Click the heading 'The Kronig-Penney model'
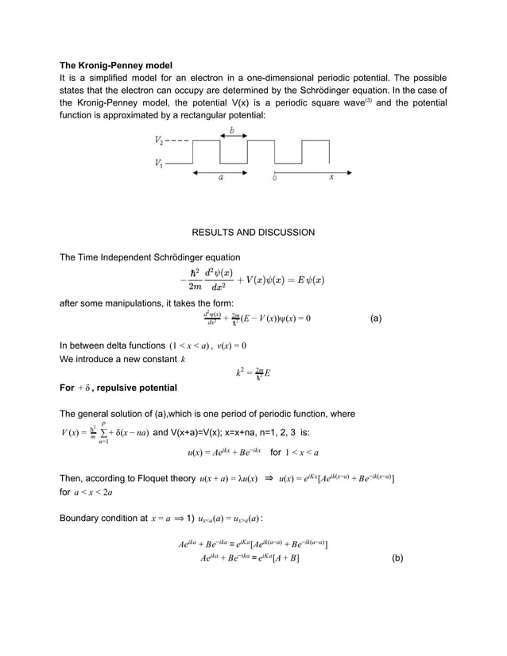[116, 64]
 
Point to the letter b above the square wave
[232, 129]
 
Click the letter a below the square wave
[220, 179]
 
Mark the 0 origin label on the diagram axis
[274, 179]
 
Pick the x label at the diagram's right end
[331, 179]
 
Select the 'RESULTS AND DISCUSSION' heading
[253, 233]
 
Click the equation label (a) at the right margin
[376, 319]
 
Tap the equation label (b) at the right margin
[397, 558]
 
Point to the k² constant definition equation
[253, 372]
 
